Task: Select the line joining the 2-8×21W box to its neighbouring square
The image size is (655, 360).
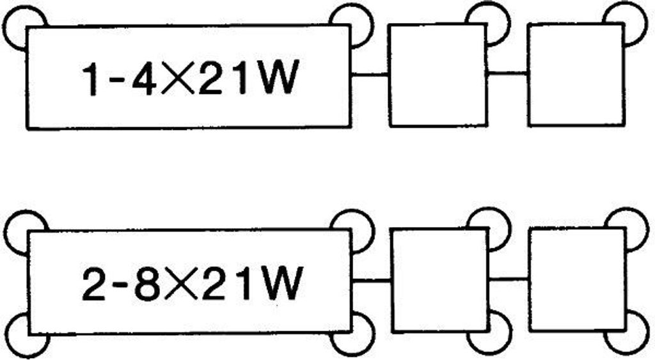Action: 372,281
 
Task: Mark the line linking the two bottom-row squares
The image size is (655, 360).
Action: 509,279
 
